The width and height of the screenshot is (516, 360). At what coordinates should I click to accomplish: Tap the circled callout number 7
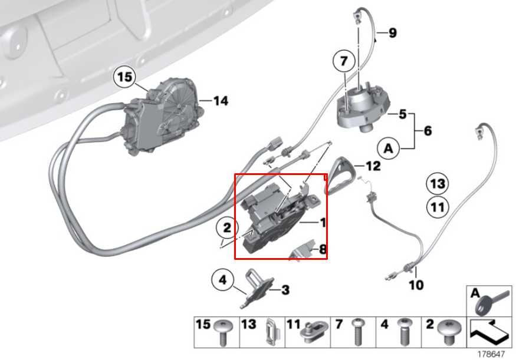click(x=344, y=61)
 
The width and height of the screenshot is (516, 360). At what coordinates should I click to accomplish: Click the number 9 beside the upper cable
click(x=392, y=33)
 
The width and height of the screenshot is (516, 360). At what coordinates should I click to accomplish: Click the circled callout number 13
click(x=437, y=184)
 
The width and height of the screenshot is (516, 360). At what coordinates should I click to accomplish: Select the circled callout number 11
click(x=437, y=207)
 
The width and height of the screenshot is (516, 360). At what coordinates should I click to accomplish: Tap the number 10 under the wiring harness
click(x=416, y=285)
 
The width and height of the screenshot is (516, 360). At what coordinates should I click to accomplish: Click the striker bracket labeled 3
click(x=258, y=289)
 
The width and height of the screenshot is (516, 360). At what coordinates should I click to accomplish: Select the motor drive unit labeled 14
click(x=162, y=118)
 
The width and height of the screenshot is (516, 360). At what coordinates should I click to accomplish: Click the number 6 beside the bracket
click(x=427, y=130)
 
